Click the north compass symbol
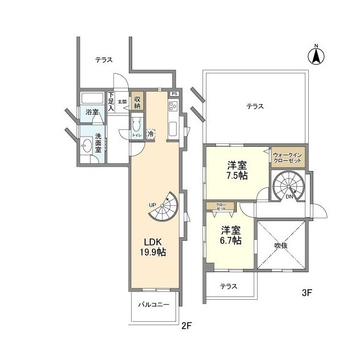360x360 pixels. point(316,55)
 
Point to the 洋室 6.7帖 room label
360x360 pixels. point(231,235)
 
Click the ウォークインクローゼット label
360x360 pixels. point(287,157)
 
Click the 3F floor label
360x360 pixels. point(307,292)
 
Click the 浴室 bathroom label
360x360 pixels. point(92,112)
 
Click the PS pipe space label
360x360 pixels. point(174,93)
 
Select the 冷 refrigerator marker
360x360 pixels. point(150,134)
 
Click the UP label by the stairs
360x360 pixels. point(152,204)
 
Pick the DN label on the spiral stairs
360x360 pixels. point(289,197)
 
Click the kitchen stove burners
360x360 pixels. point(173,105)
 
